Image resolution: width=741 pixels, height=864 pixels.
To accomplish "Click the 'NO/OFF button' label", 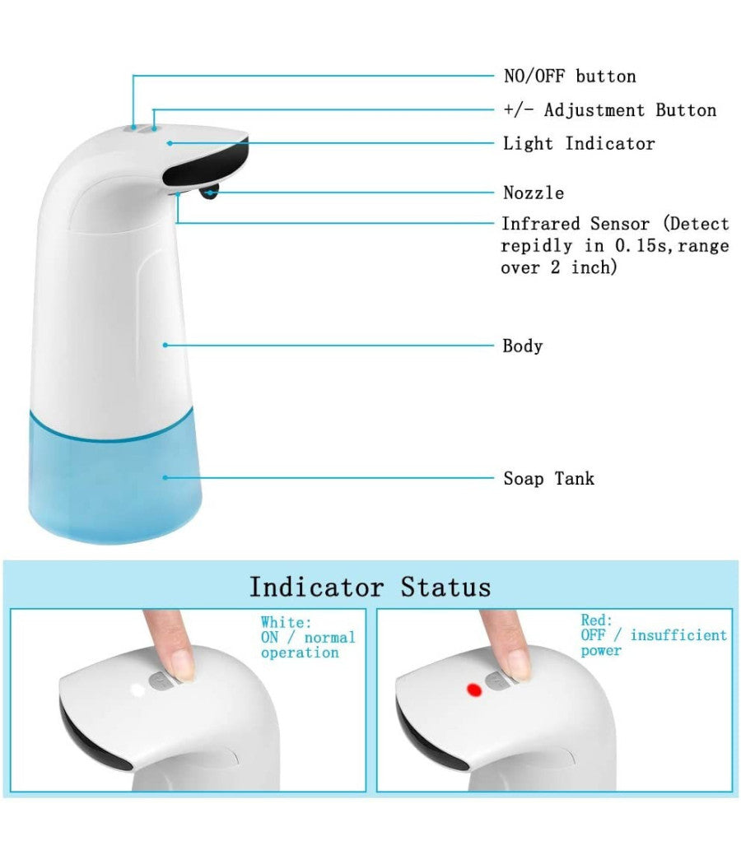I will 570,77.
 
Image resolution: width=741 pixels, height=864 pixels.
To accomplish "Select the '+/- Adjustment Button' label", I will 609,110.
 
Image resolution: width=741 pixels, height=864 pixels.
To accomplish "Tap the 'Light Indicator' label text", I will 579,143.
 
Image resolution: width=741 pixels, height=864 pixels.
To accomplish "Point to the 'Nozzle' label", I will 534,193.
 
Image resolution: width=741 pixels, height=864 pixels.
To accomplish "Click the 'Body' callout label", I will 523,346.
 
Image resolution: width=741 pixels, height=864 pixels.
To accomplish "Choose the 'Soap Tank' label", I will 548,478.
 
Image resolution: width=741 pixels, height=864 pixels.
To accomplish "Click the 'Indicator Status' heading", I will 370,588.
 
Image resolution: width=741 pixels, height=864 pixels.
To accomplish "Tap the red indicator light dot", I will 473,689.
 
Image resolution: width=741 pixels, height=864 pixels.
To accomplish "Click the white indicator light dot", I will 136,688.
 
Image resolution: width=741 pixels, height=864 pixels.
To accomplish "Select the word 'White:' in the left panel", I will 287,622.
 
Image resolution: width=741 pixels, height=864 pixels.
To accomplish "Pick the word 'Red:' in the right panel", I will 597,620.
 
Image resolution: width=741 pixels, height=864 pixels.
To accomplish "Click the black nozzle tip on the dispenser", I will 209,193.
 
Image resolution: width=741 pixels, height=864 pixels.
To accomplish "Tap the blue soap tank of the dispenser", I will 115,477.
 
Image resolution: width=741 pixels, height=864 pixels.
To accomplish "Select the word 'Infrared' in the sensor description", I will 542,224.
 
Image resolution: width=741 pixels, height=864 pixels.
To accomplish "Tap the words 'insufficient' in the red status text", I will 678,635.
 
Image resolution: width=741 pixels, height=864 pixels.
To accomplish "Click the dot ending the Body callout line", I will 165,345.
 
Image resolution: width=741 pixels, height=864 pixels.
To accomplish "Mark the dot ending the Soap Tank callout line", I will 165,476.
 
